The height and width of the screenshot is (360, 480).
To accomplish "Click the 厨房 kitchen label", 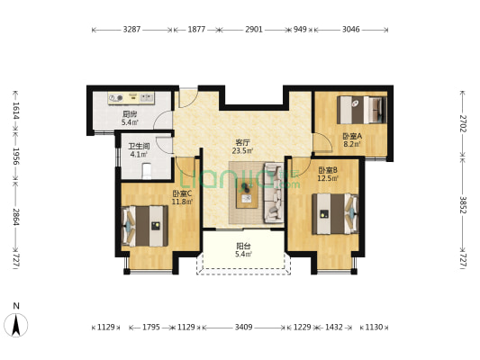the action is click(x=130, y=114).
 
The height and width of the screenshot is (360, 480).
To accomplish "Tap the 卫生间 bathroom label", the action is click(x=139, y=146).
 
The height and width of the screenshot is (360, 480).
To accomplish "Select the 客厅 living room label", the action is click(x=242, y=142).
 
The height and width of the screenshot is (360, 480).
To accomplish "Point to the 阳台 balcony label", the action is click(x=244, y=246).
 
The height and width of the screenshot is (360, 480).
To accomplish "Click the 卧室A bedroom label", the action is click(x=352, y=136).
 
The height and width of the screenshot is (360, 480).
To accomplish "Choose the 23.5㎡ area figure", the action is click(x=242, y=151).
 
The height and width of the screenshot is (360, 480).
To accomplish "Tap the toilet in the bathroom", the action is click(x=147, y=171).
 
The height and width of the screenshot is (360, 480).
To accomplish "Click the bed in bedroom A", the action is click(x=361, y=110).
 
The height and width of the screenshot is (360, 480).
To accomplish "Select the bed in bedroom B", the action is click(x=335, y=214).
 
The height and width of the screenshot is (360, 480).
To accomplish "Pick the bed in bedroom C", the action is click(x=145, y=226).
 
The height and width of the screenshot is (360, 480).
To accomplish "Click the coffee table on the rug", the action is click(x=247, y=195).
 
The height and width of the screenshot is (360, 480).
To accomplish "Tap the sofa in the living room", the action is click(x=274, y=193).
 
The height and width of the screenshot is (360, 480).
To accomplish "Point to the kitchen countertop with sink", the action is click(x=131, y=98).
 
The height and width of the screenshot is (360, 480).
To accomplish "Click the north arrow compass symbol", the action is click(x=16, y=325).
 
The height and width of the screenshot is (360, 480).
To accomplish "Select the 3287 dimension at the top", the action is click(x=131, y=30).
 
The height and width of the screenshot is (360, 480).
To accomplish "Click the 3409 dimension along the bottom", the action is click(x=244, y=328).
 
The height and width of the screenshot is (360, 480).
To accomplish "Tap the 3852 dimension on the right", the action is click(x=463, y=205).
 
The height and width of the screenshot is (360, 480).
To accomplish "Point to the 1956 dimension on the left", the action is click(x=16, y=157).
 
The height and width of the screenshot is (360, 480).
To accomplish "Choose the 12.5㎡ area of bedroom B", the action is click(x=328, y=178).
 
